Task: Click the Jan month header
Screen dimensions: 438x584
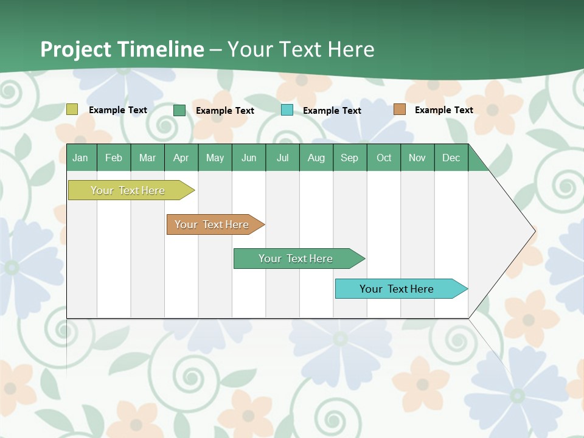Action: point(81,158)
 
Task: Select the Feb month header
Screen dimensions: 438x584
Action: point(114,158)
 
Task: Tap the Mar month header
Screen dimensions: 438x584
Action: point(147,158)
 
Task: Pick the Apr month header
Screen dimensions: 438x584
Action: point(181,158)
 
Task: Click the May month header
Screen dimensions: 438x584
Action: point(215,158)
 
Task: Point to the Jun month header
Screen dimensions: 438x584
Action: point(249,158)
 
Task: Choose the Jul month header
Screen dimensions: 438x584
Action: point(282,158)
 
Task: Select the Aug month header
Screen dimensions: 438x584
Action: point(316,158)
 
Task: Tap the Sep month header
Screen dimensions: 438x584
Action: point(350,158)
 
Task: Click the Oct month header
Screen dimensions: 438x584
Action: point(384,158)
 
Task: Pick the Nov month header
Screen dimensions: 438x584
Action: point(417,158)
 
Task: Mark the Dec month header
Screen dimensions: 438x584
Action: point(451,158)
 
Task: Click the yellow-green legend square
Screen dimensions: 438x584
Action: point(72,109)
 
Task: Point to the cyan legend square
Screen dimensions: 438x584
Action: point(287,110)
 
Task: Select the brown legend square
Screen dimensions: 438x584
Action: point(399,109)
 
